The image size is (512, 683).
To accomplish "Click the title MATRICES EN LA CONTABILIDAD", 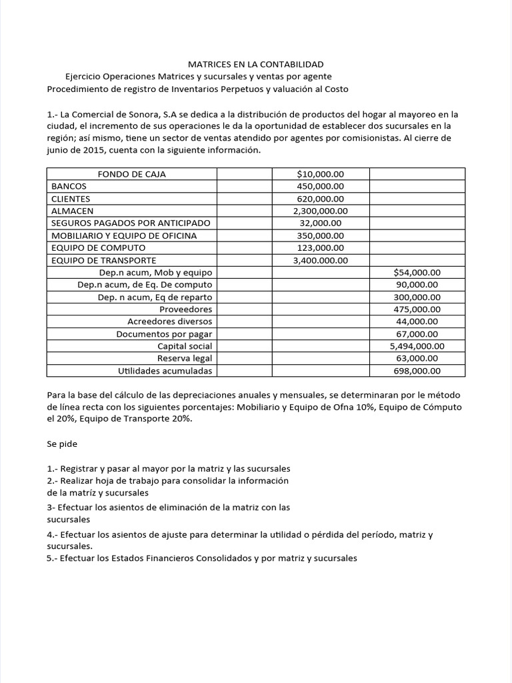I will coord(255,64).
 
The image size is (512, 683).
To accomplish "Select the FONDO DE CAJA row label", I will coord(131,174).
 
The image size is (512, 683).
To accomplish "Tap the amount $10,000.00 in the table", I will coord(320,174).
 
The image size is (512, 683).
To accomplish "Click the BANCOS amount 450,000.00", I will coord(320,186).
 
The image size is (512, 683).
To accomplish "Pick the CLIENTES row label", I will coord(71,199).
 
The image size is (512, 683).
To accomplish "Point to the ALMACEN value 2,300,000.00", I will coord(320,211).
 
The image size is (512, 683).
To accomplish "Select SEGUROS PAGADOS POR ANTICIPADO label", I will coord(131,223).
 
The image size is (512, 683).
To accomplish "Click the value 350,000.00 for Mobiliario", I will coord(320,235).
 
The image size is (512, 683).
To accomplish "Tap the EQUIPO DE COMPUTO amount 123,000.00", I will coord(320,247).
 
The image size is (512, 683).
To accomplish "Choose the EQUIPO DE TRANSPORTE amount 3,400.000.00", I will coord(320,260).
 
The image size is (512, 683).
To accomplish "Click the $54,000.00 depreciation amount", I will coord(417,272).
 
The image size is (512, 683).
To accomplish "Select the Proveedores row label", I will coord(185,309).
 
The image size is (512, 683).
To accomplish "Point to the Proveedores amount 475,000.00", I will coord(417,309).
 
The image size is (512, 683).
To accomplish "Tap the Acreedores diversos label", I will coord(169,321).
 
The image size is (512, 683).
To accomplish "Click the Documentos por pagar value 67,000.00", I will coord(417,333).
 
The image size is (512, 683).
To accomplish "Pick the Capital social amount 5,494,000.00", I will coord(417,346).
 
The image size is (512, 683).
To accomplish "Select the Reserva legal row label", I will coord(185,358).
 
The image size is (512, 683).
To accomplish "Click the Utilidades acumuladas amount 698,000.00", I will coord(417,371).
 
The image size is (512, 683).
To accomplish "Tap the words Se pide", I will coord(62,444).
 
